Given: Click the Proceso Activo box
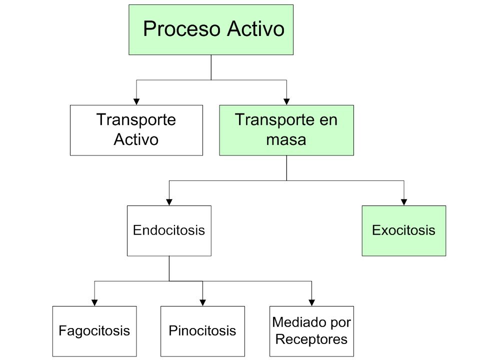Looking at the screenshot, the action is (211, 29).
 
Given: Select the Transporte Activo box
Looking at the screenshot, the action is (136, 130).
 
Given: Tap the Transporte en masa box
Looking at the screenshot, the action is (286, 130).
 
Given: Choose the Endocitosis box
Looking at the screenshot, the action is (169, 231).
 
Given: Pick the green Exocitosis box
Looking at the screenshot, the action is (404, 231).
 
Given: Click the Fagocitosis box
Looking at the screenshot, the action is (94, 331).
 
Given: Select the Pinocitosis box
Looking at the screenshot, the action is (202, 331).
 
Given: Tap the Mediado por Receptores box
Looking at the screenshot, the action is (311, 331).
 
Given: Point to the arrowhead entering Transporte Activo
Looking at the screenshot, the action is (136, 101).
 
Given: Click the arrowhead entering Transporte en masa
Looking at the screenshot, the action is (286, 101).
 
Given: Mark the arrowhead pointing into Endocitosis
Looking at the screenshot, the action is (169, 202).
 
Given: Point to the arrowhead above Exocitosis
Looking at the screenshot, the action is (404, 202).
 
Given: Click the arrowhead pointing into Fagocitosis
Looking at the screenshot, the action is (94, 302).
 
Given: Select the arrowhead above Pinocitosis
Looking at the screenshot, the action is (202, 302).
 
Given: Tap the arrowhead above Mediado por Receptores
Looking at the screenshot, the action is (311, 302).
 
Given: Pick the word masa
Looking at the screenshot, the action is (286, 140).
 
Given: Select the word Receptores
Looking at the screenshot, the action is (311, 339).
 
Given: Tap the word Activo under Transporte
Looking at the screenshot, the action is (136, 139).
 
